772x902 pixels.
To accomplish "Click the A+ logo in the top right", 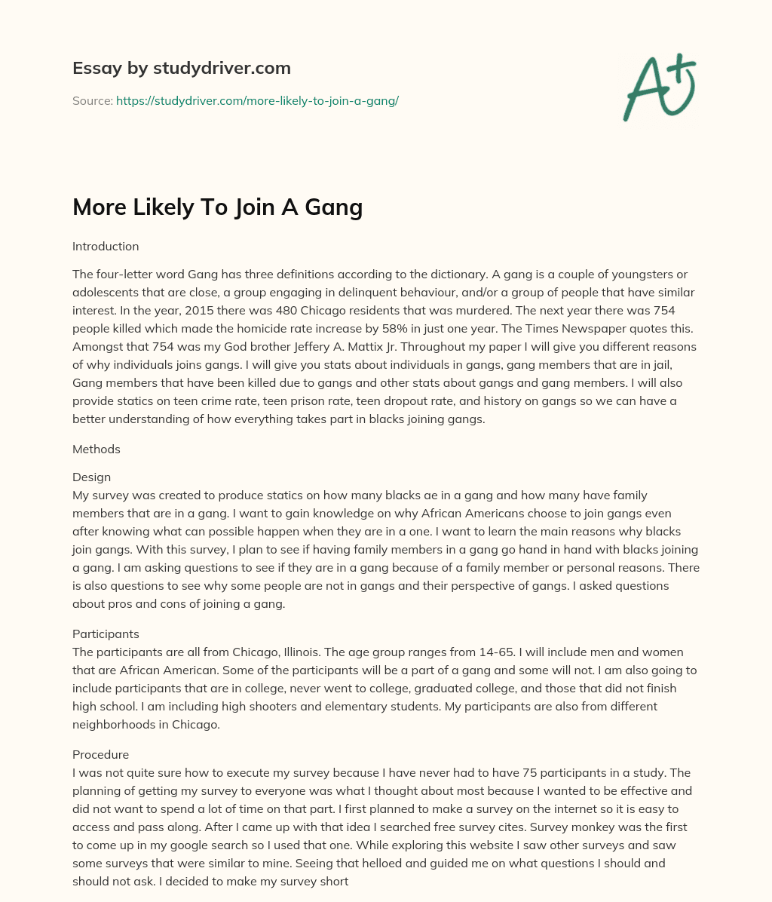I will pyautogui.click(x=659, y=87).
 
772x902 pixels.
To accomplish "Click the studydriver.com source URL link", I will pyautogui.click(x=257, y=100).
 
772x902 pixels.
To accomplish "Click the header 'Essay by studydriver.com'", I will pyautogui.click(x=181, y=68).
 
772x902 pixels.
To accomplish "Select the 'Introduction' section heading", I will pyautogui.click(x=106, y=246).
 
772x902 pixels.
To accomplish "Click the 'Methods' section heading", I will pyautogui.click(x=96, y=449).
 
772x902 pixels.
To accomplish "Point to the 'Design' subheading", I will pyautogui.click(x=91, y=477).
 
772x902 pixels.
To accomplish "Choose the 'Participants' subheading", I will pyautogui.click(x=106, y=634).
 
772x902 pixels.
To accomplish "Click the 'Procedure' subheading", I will pyautogui.click(x=100, y=754).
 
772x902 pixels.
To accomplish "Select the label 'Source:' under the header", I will pyautogui.click(x=92, y=100).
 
